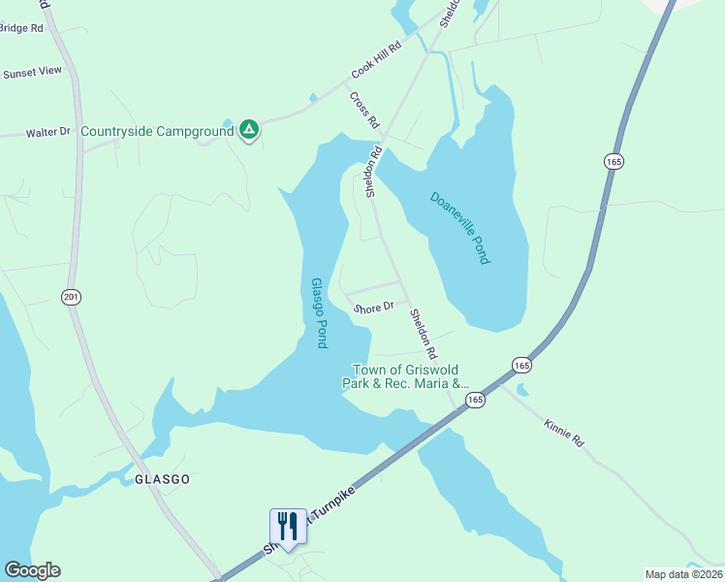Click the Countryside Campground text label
[157, 131]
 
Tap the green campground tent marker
[249, 129]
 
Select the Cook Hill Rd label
[375, 65]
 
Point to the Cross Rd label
[363, 110]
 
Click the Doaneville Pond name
[460, 227]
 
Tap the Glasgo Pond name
[318, 312]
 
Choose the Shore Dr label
[373, 307]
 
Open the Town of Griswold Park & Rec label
[405, 376]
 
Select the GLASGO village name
[162, 479]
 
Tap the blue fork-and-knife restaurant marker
[288, 527]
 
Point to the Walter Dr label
[48, 132]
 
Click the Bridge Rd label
[21, 28]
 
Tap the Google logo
[32, 570]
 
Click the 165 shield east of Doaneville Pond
[612, 162]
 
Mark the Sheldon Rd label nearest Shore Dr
[424, 331]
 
